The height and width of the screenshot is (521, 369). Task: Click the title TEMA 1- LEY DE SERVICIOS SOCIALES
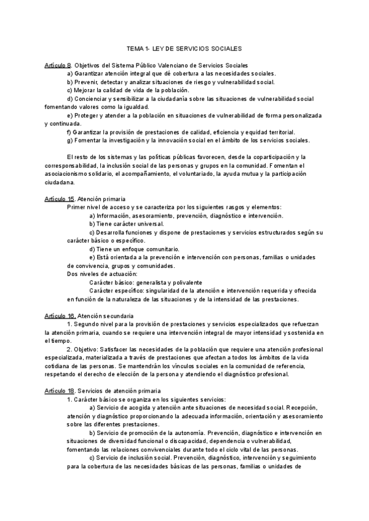tap(184, 47)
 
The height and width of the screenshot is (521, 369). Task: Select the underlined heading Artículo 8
tap(58, 65)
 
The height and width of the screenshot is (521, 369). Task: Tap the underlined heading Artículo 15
tap(60, 199)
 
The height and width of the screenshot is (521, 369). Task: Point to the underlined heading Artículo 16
tap(60, 315)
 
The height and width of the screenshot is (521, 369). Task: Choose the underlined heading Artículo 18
tap(60, 390)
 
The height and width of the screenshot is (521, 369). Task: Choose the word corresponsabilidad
tap(74, 166)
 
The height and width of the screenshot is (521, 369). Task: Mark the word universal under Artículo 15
tap(149, 224)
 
